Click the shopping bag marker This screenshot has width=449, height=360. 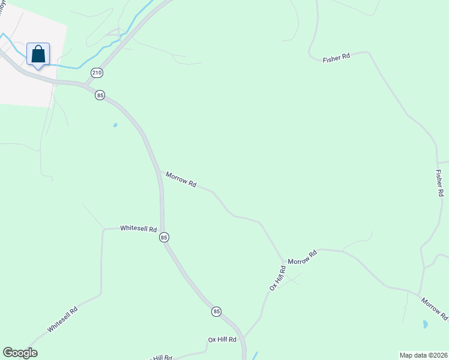pos(38,55)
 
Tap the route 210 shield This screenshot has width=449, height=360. pos(97,73)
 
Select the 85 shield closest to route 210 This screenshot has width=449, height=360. pos(100,95)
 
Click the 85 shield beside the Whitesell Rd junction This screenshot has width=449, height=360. pos(164,238)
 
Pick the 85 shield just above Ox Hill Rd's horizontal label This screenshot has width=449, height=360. pos(216,311)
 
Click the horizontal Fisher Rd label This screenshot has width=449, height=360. pos(336,58)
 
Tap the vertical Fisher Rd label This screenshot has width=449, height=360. pos(439,183)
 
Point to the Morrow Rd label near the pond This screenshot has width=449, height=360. pos(434,308)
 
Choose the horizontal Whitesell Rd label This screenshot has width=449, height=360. pos(138,229)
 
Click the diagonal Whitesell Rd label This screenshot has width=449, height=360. pos(63,320)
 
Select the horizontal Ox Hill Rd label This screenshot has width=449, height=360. pos(223,340)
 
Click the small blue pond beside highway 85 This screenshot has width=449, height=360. pos(115,125)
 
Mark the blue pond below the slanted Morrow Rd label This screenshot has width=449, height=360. pos(426,324)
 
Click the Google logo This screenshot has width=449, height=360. pos(20,353)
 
